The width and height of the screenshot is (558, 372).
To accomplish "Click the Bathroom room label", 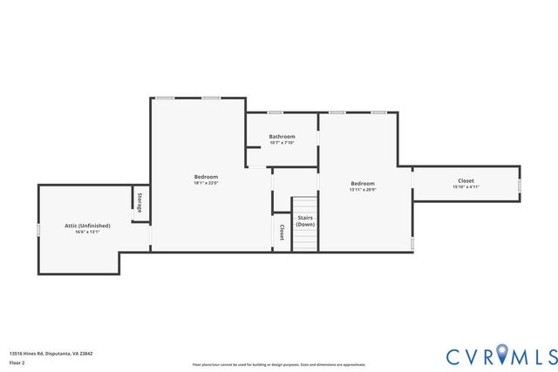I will coord(282,136).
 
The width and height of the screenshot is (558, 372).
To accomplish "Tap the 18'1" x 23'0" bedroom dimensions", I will coord(206,183).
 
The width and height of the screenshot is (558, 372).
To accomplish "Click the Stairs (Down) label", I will coord(305,221).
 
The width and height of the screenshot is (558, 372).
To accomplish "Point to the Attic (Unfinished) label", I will coord(87,225).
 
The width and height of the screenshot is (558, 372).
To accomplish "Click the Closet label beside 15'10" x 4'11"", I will coord(466,180).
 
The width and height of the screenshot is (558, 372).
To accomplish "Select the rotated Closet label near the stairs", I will coord(282,232).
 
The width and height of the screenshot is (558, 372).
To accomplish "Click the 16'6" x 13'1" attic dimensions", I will coord(87,232).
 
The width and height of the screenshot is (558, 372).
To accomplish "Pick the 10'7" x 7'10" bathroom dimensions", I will coord(282,143).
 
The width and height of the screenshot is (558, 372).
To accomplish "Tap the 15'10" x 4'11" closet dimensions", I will coord(466,186).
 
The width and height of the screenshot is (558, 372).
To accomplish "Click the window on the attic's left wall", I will coord(38,228).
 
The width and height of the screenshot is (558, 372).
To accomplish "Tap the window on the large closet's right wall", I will coord(521,184).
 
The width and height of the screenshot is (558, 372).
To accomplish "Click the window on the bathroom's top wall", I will coord(275,112).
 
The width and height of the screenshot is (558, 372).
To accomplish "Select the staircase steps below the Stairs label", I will coord(305,240).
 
